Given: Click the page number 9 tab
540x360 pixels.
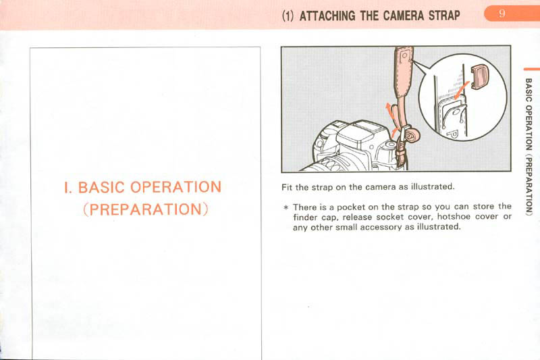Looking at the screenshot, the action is (512, 14).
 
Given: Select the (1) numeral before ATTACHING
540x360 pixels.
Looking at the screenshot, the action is (289, 16).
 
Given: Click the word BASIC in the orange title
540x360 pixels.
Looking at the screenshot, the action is (101, 187).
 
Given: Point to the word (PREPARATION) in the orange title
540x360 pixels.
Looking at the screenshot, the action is (146, 209).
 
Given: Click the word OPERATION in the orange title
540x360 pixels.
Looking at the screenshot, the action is (175, 187).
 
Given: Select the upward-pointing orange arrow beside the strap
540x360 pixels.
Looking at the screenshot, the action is (389, 111).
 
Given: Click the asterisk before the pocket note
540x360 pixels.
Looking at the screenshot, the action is (285, 207).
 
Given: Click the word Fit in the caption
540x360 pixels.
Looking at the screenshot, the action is (287, 187).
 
